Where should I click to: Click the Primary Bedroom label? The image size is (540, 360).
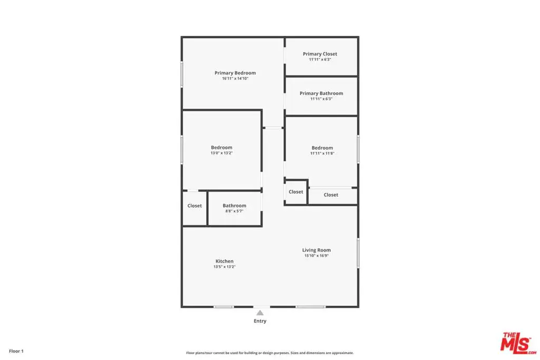[x=235, y=73]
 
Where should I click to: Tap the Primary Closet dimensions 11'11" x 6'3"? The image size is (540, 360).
[x=320, y=60]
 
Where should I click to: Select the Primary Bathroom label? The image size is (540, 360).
[x=321, y=93]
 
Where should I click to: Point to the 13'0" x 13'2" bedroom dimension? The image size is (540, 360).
[x=222, y=153]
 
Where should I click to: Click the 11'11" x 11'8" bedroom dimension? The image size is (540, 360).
[x=322, y=153]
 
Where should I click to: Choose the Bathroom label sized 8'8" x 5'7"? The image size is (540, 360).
[x=234, y=206]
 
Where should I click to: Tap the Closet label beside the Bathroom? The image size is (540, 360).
[x=195, y=206]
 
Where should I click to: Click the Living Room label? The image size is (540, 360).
[x=316, y=250]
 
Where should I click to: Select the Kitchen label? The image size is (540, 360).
[x=225, y=261]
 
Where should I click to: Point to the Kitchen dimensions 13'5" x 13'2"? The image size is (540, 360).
[x=225, y=267]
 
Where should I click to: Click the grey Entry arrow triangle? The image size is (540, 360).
[x=260, y=313]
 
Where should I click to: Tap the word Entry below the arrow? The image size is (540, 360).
[x=260, y=321]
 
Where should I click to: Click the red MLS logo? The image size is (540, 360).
[x=518, y=343]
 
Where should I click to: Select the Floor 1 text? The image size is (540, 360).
[x=16, y=351]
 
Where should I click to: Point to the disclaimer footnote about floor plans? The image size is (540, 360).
[x=269, y=353]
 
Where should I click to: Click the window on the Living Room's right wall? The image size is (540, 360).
[x=358, y=253]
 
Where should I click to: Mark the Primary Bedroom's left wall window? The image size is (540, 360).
[x=182, y=75]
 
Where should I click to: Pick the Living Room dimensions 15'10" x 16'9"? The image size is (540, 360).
[x=316, y=256]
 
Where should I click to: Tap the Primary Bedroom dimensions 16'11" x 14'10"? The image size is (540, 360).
[x=235, y=79]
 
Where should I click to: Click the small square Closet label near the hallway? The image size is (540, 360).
[x=296, y=192]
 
